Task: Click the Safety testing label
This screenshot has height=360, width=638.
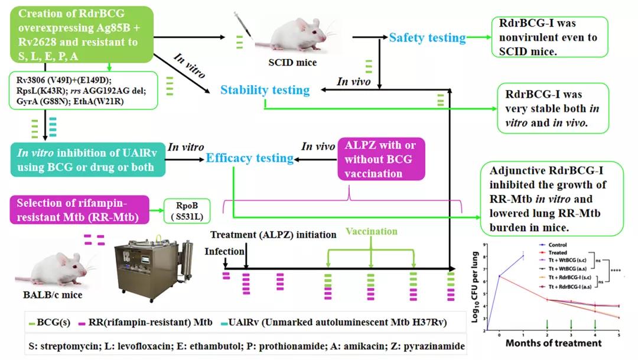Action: coord(427,38)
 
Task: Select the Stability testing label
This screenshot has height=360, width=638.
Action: coord(265,90)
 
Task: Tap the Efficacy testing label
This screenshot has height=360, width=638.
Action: coord(249,158)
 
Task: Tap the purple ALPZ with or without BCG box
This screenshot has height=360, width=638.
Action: coord(381,158)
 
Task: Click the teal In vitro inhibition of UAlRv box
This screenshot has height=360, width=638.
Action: coord(87,158)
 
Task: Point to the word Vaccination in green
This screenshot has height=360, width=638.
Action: coord(371,231)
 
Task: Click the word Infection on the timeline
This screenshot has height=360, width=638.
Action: coord(224,252)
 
